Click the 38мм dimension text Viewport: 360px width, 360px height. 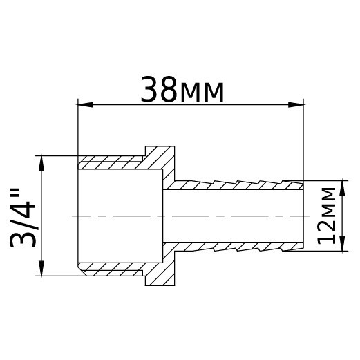point(182,90)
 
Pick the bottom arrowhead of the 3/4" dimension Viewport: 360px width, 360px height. point(43,270)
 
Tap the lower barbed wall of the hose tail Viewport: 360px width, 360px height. point(235,245)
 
